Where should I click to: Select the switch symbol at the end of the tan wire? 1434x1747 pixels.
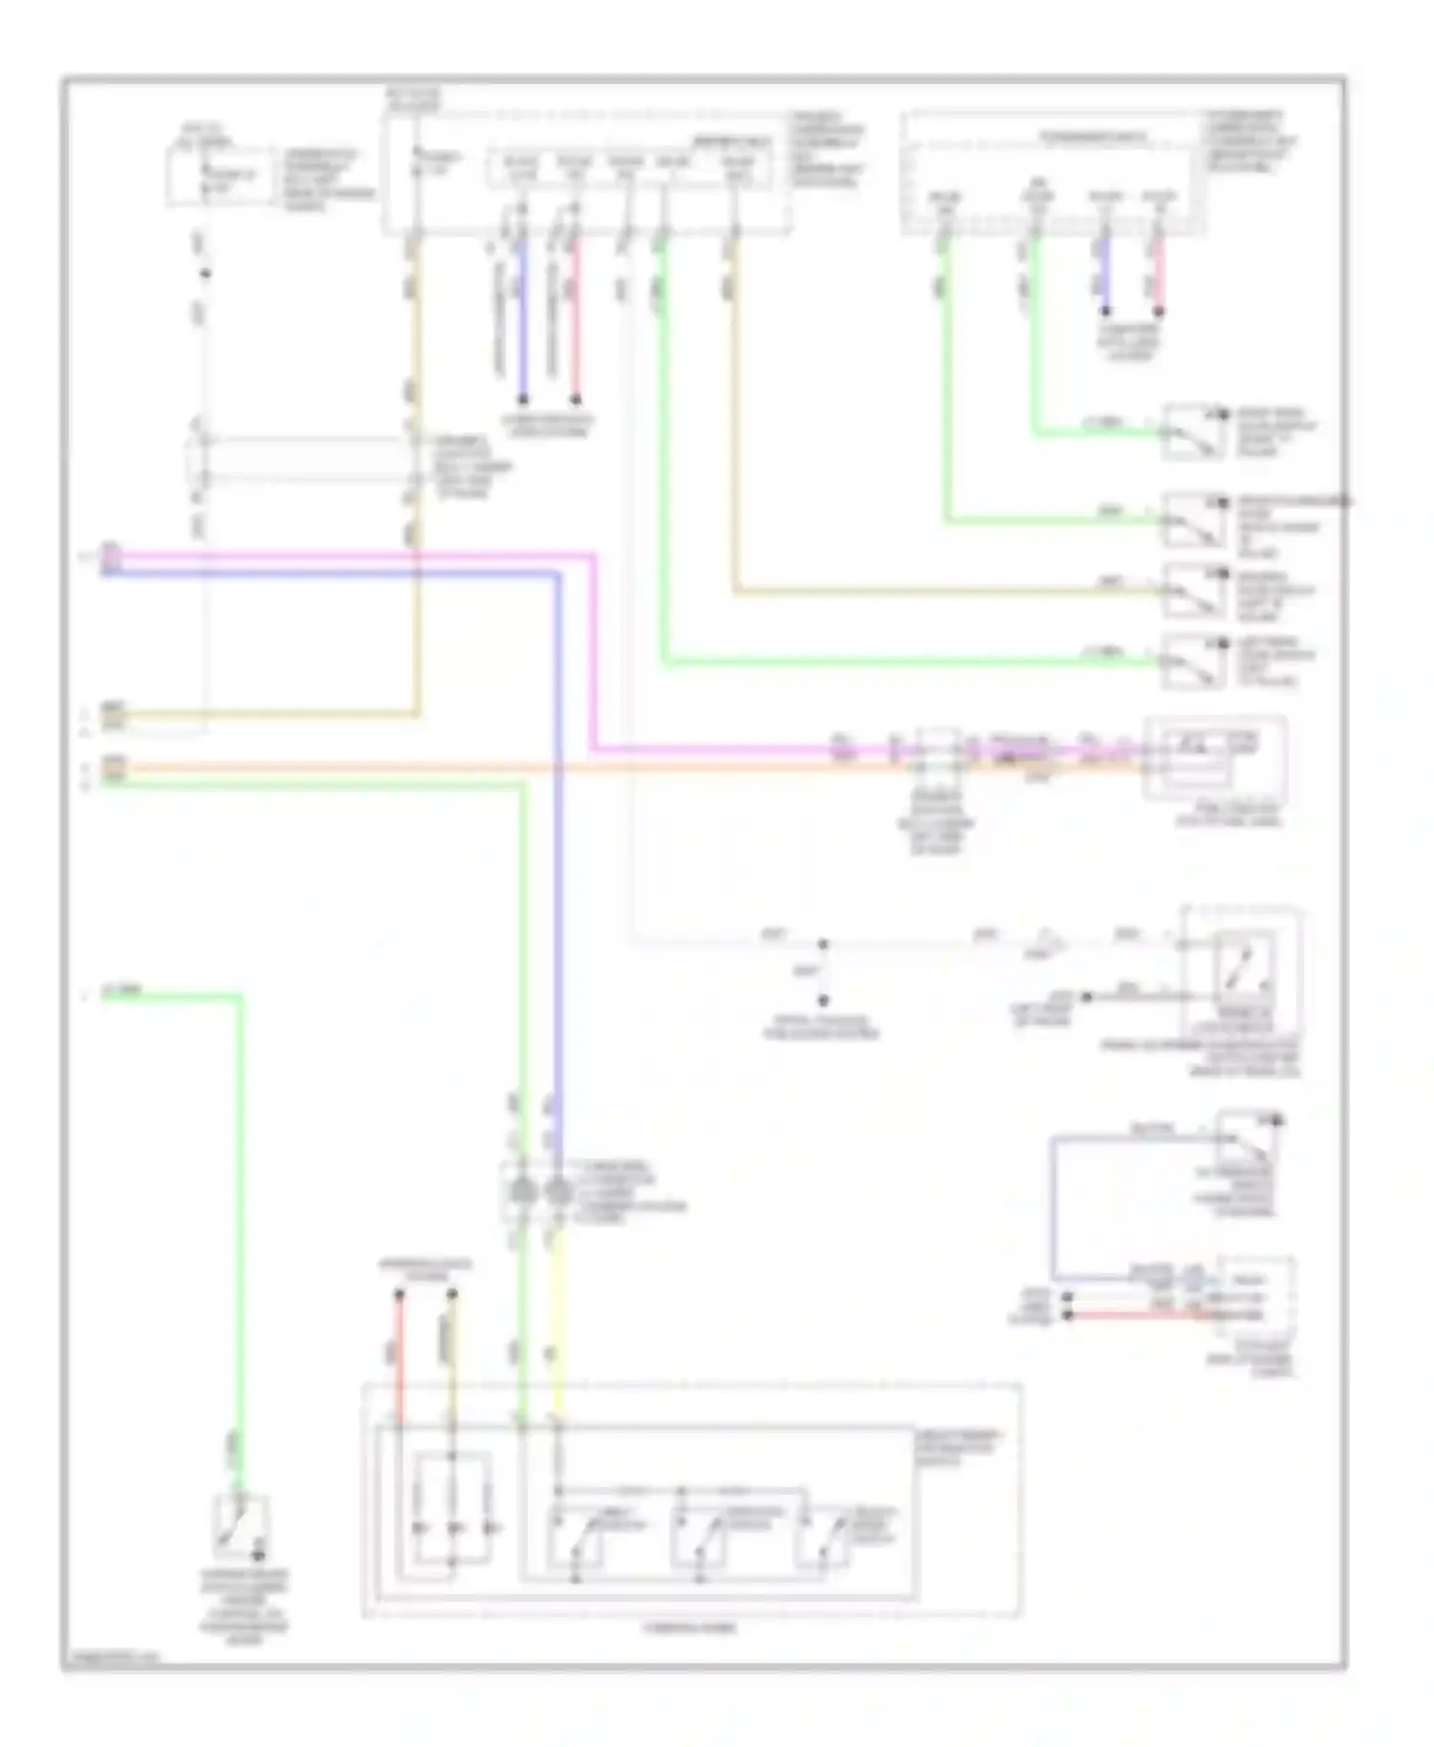coord(1193,590)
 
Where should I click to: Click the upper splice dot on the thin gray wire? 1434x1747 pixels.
coord(822,944)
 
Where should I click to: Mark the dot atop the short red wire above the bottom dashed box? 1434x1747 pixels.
coord(400,1295)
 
